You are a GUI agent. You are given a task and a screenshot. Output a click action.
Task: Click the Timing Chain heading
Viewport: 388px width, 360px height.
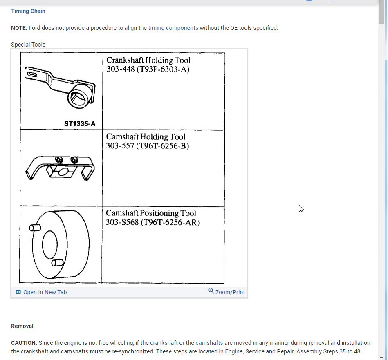[28, 11]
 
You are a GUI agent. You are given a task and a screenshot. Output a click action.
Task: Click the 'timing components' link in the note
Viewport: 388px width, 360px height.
[173, 28]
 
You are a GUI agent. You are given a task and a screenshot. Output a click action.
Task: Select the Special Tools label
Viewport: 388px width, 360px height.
[28, 45]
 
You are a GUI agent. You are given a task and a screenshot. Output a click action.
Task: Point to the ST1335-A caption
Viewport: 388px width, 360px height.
[80, 123]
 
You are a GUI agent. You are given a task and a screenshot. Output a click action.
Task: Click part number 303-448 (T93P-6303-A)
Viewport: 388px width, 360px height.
[148, 69]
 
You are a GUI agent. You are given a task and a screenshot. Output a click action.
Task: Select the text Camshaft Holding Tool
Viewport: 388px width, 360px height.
[146, 137]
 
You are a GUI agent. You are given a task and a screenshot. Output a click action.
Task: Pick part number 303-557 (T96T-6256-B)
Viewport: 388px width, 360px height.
[147, 146]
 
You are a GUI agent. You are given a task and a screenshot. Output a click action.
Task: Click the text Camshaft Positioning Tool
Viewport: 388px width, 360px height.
[150, 213]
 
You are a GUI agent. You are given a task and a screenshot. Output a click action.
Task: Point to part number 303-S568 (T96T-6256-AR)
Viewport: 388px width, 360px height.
[153, 222]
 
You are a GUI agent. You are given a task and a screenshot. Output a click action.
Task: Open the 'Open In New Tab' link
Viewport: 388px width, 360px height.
[41, 292]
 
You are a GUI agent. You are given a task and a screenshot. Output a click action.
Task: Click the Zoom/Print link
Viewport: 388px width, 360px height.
[230, 292]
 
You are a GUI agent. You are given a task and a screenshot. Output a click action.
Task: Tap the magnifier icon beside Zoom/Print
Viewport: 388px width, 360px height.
[211, 291]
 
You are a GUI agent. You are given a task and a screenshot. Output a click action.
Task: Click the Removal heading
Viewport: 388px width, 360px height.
[22, 326]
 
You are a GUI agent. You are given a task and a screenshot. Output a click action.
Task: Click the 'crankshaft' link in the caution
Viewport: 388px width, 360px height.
[164, 343]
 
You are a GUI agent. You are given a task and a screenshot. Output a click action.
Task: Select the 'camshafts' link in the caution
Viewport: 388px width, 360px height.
[209, 343]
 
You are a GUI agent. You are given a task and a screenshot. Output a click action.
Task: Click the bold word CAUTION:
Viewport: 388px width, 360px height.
[24, 343]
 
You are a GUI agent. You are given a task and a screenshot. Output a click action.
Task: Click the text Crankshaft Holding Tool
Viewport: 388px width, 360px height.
[148, 60]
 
